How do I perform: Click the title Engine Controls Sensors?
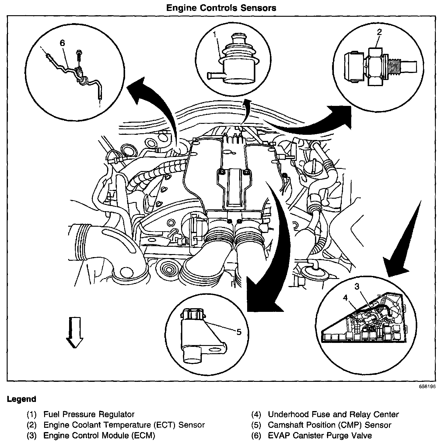(x=221, y=8)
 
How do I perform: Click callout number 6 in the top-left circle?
(x=62, y=43)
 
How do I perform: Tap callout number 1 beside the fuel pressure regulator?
(x=215, y=34)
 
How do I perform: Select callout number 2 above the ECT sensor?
(x=379, y=32)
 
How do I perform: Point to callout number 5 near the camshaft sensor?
(x=239, y=332)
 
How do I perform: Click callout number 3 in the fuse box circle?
(x=357, y=286)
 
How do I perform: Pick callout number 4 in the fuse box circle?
(x=345, y=298)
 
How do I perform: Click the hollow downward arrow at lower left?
(x=74, y=332)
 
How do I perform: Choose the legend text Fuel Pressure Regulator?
(x=89, y=414)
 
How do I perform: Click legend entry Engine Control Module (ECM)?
(x=99, y=435)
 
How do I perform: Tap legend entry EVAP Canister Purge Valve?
(x=320, y=435)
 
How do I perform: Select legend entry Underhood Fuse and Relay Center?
(x=333, y=414)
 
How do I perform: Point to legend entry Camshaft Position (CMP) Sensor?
(x=329, y=425)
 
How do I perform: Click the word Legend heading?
(x=21, y=399)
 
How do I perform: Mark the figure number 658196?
(x=427, y=387)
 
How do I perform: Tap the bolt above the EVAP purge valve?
(x=79, y=54)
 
